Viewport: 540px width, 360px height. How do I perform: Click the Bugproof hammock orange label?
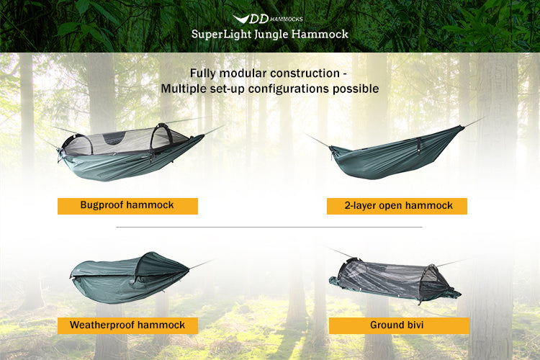click(127, 205)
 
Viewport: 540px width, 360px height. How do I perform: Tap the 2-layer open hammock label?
click(397, 206)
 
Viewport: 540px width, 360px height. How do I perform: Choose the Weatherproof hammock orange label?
click(127, 325)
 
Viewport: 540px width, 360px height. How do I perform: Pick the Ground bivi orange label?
click(397, 325)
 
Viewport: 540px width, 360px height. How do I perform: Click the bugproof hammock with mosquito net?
click(130, 151)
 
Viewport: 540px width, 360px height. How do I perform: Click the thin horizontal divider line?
click(269, 228)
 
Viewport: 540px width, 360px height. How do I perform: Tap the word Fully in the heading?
click(204, 73)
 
